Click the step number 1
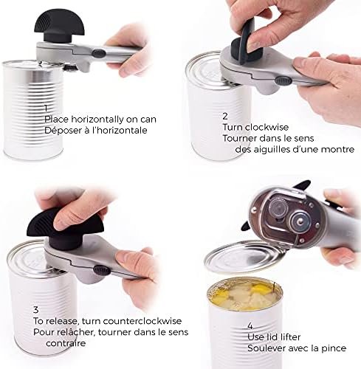point(46,108)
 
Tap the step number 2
point(225,116)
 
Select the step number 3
point(36,309)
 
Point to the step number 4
point(250,326)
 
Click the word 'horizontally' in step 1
point(97,120)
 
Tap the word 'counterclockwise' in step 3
point(142,321)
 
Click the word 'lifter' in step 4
point(291,337)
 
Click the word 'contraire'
point(66,343)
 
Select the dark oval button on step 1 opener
point(99,53)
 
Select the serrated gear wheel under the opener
point(279,207)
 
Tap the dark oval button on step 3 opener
point(101,270)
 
